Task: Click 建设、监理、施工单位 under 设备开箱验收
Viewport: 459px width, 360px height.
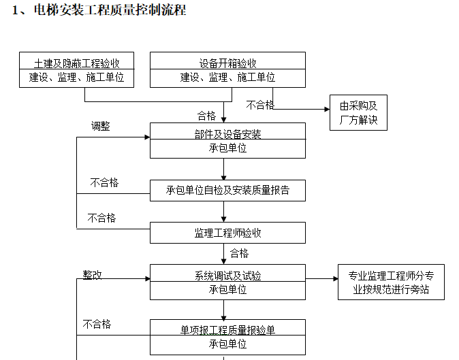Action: tap(227, 78)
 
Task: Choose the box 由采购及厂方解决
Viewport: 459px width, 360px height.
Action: tap(358, 113)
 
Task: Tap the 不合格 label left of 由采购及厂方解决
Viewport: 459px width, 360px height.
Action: tap(260, 105)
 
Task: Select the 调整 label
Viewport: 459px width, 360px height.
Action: tap(101, 126)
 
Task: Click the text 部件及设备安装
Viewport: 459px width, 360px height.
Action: tap(227, 134)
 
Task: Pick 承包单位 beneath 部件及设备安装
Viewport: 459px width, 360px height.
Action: tap(227, 148)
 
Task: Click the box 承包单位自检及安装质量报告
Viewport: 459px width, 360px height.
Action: tap(227, 191)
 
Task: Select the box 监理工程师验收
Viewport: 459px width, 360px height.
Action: tap(227, 233)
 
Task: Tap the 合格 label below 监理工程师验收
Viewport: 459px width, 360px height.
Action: tap(239, 253)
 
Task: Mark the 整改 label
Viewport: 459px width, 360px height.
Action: tap(93, 274)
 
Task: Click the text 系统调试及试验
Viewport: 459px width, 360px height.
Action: tap(227, 276)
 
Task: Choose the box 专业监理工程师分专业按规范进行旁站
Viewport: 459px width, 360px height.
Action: tap(391, 282)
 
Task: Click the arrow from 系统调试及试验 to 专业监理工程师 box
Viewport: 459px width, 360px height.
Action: tap(321, 278)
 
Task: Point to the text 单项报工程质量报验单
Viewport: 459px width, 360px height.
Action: tap(227, 330)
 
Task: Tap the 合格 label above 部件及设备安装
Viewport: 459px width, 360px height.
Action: tap(206, 115)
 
